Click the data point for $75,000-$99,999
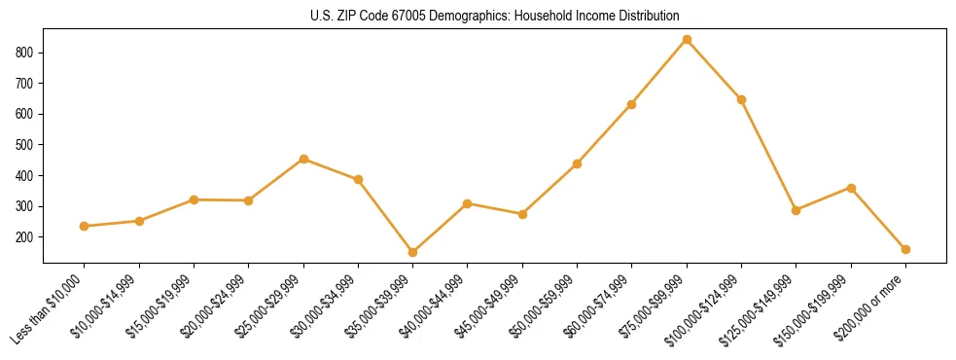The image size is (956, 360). point(687,40)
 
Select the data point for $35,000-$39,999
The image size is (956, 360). point(412,252)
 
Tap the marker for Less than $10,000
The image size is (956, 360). point(85,226)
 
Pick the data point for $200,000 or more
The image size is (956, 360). point(905,249)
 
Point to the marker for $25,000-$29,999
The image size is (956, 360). point(303,159)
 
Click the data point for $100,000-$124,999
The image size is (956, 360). point(741,99)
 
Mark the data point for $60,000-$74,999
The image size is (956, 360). point(632,104)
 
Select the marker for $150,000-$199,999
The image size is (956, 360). point(851,188)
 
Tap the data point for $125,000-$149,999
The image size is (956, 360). point(796,210)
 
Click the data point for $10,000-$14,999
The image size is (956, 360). point(139,221)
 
